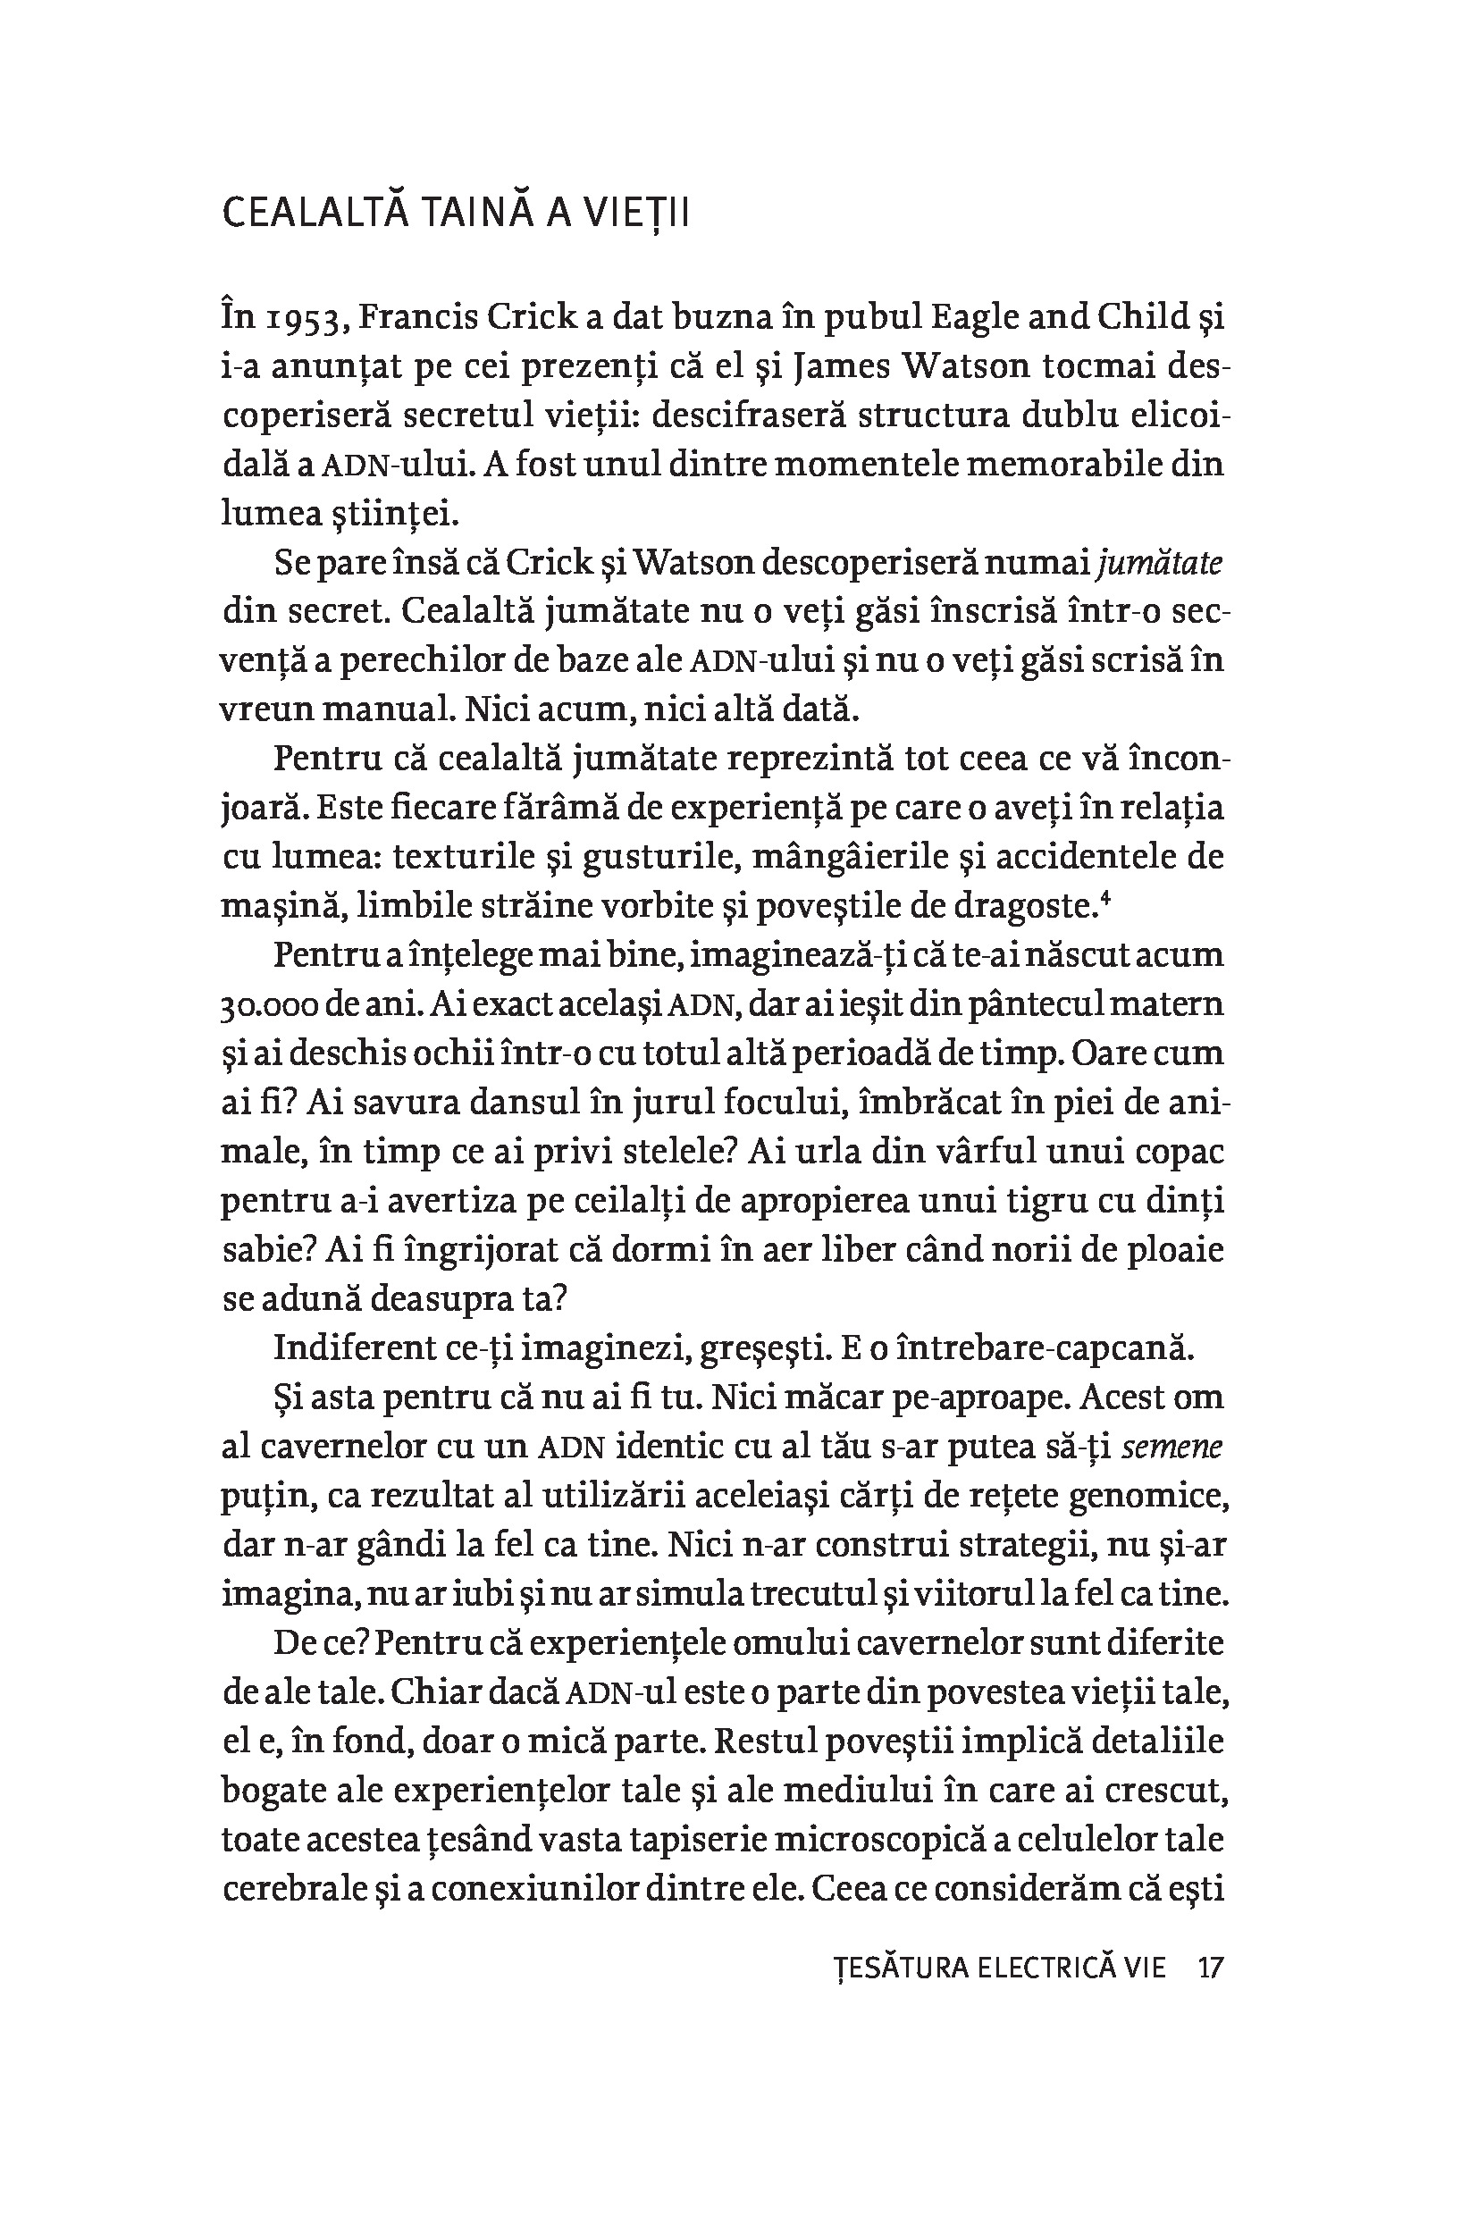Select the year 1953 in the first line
click(x=307, y=320)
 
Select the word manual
click(x=384, y=709)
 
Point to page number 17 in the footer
click(x=1209, y=1968)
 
